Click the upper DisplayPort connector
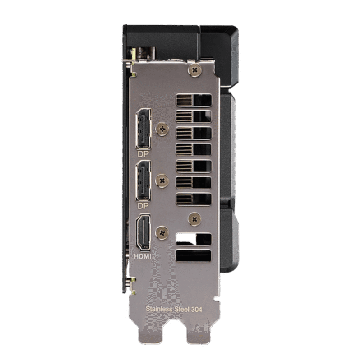(143, 129)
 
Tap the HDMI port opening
(143, 232)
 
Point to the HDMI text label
(143, 256)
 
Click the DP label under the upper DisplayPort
(143, 154)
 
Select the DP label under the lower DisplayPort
(143, 206)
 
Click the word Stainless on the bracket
(159, 309)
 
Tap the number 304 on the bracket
(196, 310)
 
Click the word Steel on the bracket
(181, 309)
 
